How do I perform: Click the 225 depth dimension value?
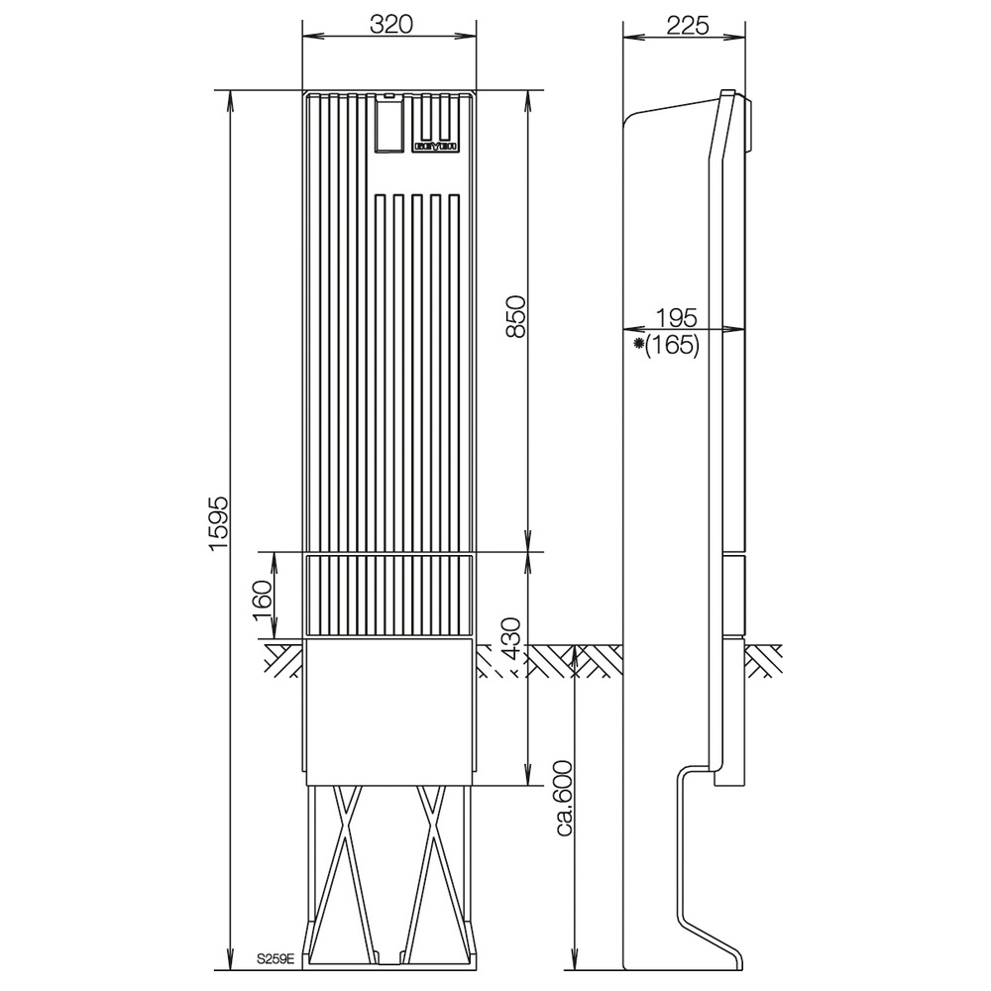coord(687,25)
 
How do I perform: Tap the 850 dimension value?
coord(515,317)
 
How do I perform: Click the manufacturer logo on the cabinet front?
coord(435,146)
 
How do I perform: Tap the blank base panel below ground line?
coord(390,712)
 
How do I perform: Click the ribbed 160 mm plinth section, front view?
coord(390,595)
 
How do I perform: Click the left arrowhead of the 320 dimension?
coord(306,38)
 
